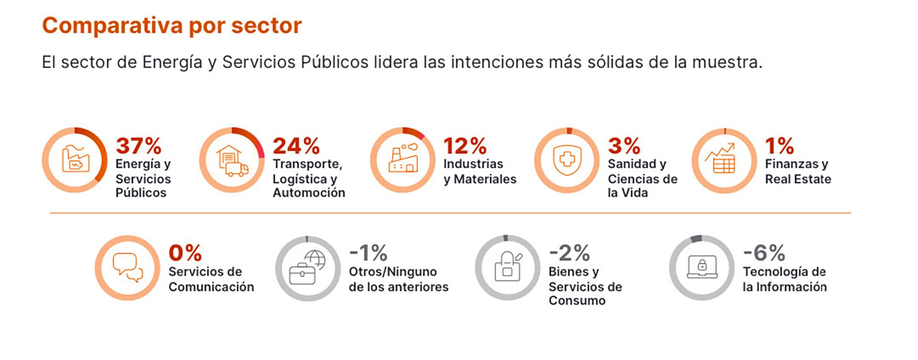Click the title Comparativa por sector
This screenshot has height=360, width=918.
(x=172, y=26)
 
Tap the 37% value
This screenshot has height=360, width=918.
(x=139, y=146)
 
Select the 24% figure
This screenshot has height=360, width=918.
(x=296, y=146)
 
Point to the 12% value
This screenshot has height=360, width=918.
(x=465, y=146)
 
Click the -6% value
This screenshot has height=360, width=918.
(x=764, y=253)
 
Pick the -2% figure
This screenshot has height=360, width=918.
(x=569, y=253)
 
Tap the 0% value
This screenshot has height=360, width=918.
(x=185, y=253)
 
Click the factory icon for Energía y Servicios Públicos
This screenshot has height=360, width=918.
(x=76, y=160)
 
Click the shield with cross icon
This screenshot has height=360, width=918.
(x=567, y=160)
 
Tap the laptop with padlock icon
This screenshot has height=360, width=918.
(x=702, y=267)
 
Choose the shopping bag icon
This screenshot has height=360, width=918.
(x=508, y=267)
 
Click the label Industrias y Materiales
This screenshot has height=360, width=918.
(x=480, y=171)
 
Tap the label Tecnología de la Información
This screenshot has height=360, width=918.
(x=784, y=279)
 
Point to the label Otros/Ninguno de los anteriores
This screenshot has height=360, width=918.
(x=398, y=279)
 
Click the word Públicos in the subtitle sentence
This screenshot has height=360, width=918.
(x=335, y=62)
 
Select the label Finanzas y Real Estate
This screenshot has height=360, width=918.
(x=798, y=171)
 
